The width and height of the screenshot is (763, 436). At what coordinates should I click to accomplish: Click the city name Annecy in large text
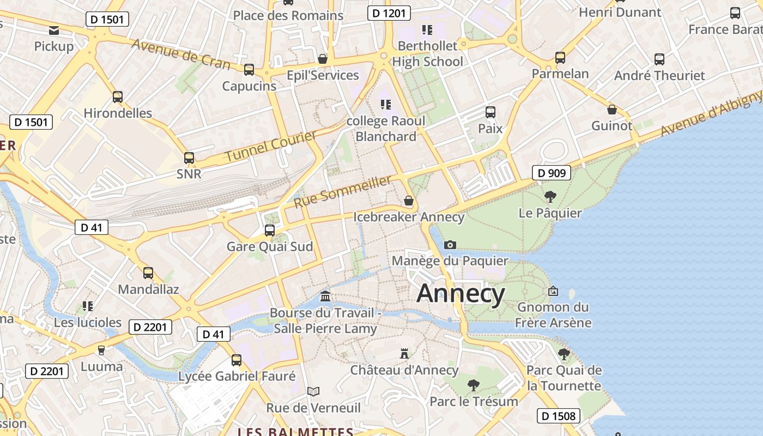click(x=461, y=294)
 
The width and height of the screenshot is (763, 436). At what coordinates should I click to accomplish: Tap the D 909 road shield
click(x=552, y=173)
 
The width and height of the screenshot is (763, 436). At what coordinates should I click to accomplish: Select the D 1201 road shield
click(x=389, y=13)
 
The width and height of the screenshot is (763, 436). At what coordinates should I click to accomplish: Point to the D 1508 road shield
click(x=558, y=416)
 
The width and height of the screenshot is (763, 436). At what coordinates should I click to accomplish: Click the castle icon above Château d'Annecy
click(x=404, y=353)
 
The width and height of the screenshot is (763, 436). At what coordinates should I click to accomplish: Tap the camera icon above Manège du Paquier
click(x=450, y=245)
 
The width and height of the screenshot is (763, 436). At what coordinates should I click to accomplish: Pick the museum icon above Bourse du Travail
click(x=326, y=296)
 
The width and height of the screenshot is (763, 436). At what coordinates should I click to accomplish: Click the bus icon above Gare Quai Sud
click(x=270, y=230)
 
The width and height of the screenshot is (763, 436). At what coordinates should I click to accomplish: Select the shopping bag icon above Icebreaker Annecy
click(x=409, y=201)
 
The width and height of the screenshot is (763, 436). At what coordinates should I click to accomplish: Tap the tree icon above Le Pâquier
click(x=550, y=196)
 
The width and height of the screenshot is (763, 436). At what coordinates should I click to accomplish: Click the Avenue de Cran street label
click(x=181, y=55)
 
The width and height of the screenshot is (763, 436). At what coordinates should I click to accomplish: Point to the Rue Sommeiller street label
click(x=343, y=191)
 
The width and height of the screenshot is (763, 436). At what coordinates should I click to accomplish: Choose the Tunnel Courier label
click(x=271, y=146)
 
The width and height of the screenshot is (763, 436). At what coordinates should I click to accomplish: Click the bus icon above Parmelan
click(x=560, y=57)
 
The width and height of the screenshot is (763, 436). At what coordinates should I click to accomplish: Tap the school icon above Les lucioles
click(x=88, y=306)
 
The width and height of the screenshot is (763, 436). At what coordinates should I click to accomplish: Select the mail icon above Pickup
click(x=54, y=30)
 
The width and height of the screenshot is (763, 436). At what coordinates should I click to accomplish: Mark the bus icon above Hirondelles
click(x=118, y=97)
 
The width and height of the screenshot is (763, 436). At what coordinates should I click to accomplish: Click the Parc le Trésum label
click(x=474, y=402)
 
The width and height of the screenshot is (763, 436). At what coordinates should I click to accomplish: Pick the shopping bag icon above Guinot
click(x=612, y=110)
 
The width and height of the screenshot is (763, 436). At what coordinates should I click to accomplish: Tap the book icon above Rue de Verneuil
click(x=313, y=391)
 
